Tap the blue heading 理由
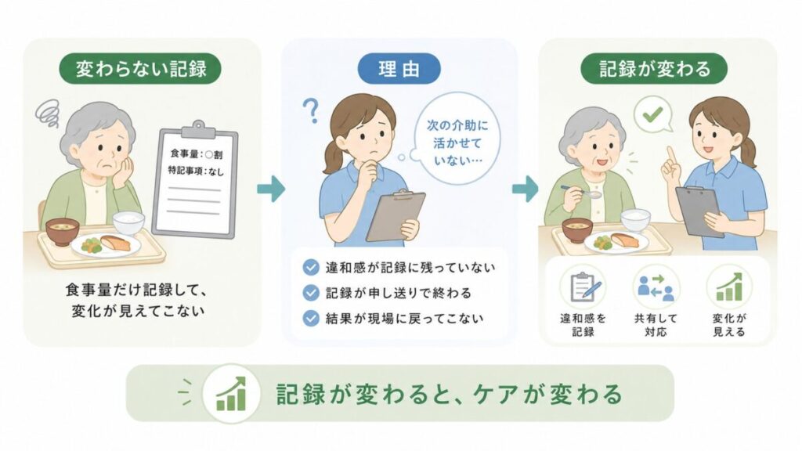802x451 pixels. (399, 69)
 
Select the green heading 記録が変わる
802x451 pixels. (654, 69)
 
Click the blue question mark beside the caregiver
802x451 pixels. (311, 110)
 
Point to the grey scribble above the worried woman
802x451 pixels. (48, 113)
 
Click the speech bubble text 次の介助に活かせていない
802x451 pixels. (457, 143)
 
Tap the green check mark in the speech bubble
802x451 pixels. (652, 114)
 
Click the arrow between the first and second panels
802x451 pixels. (270, 189)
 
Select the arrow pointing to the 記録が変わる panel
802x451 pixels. (526, 189)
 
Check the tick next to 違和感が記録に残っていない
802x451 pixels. (311, 268)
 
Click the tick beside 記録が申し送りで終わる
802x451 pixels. (311, 293)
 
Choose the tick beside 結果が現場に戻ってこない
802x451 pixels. (311, 319)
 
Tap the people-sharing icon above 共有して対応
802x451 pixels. (656, 287)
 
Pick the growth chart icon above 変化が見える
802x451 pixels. (729, 287)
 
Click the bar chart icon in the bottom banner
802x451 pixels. (231, 395)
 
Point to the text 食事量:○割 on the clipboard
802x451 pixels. (197, 153)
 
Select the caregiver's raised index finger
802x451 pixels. (670, 154)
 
